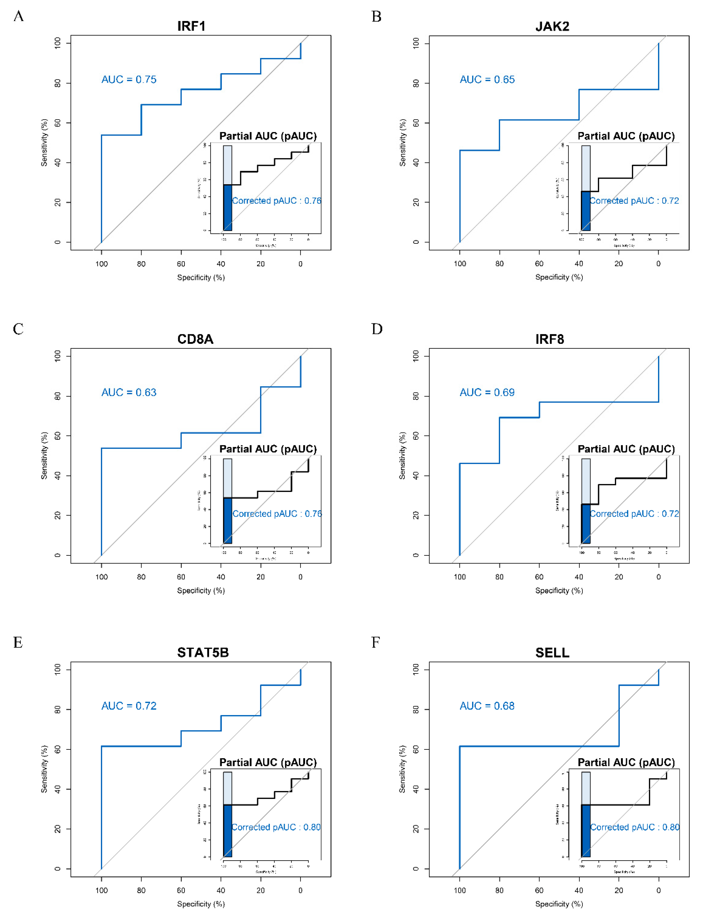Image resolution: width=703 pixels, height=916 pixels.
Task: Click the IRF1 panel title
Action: point(191,26)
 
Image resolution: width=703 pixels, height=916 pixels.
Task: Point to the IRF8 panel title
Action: point(549,339)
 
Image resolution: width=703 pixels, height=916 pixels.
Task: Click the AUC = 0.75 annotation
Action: point(129,80)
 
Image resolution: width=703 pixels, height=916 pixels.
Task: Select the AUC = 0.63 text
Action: point(129,392)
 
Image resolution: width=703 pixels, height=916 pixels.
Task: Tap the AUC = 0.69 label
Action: point(487,392)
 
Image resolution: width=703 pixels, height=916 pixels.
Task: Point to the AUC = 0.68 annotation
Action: point(487,706)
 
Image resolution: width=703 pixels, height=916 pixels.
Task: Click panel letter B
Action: point(376,17)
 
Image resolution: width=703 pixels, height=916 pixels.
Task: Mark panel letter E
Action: point(18,642)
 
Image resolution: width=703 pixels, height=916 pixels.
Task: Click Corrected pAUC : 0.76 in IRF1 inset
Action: point(277,201)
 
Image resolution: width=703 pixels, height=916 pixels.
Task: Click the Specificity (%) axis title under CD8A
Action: point(201,591)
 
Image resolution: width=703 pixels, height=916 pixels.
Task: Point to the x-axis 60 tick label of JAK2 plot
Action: point(539,264)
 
